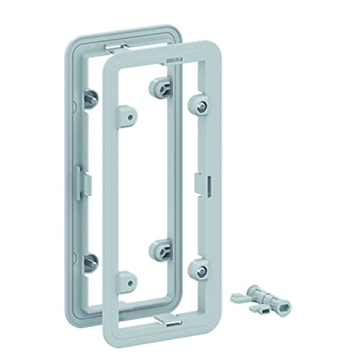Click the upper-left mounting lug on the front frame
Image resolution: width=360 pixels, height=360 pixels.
click(127, 113)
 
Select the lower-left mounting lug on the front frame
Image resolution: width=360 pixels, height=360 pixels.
click(127, 275)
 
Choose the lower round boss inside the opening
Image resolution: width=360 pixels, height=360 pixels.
click(158, 250)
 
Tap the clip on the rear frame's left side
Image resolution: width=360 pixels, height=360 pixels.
click(81, 176)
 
